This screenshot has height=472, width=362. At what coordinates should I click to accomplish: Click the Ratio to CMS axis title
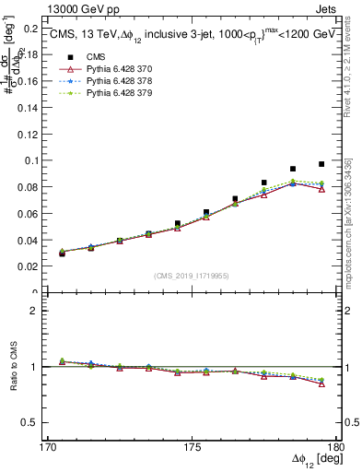[12, 367]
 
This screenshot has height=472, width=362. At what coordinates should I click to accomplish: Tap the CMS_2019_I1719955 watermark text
[192, 275]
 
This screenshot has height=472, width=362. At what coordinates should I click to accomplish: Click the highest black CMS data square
[321, 164]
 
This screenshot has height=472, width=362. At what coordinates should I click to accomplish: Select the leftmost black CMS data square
[62, 253]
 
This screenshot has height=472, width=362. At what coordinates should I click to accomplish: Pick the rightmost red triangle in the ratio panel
[321, 383]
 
